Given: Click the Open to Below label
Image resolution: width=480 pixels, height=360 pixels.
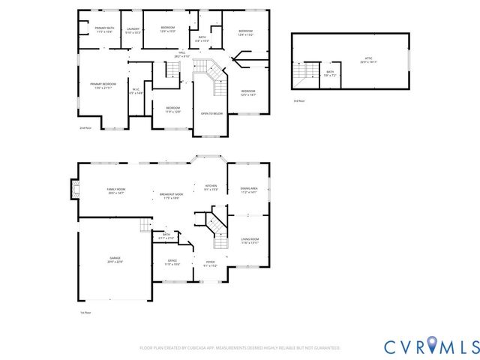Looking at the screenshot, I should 211,113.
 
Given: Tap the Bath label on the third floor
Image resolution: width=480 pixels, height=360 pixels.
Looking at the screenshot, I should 330,73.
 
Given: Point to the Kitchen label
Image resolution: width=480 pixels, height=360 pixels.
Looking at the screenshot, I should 211,187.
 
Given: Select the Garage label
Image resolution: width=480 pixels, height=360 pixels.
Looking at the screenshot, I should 115,259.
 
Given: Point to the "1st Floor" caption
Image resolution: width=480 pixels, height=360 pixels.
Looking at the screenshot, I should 85,312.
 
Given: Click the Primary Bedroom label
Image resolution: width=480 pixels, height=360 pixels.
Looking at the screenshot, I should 103,85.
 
